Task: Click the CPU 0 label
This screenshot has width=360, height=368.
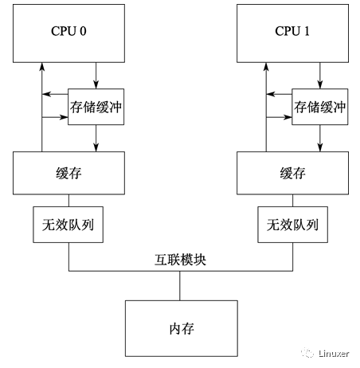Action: point(68,31)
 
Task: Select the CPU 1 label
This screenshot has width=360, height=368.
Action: point(292,31)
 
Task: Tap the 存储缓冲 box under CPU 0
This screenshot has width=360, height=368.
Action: point(96,107)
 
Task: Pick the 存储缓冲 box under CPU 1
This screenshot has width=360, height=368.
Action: point(320,107)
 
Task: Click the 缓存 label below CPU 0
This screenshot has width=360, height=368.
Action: point(68,173)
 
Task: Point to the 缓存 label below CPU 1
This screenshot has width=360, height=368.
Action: point(292,173)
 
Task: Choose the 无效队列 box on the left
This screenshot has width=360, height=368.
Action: point(68,225)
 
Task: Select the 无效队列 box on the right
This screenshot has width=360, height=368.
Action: point(292,225)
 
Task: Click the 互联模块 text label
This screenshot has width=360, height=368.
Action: point(180,260)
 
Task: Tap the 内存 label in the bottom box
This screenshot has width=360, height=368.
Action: point(182,329)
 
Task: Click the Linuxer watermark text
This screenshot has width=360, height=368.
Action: point(334,354)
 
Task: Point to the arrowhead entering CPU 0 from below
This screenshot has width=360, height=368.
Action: point(41,66)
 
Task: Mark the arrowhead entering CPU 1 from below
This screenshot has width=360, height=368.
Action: point(266,66)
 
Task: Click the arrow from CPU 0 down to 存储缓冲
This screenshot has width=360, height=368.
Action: point(96,76)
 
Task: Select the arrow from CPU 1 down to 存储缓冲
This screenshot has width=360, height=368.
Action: point(320,76)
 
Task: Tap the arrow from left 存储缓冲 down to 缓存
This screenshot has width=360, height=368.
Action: point(96,139)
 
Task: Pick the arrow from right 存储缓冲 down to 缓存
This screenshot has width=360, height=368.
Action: point(320,139)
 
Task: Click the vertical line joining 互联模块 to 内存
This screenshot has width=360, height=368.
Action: point(180,286)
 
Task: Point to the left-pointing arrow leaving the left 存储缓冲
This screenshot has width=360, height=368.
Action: point(55,94)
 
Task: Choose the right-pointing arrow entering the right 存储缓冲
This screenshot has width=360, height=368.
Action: point(279,117)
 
